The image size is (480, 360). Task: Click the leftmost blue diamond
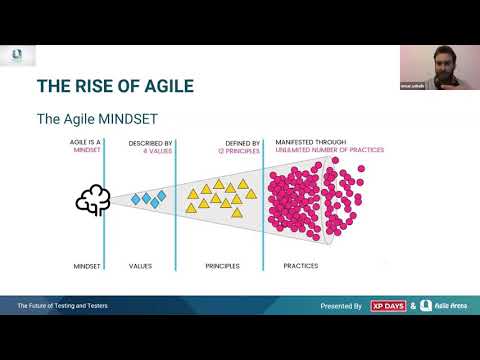tap(135, 200)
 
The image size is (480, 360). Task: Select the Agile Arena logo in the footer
tap(440, 305)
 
